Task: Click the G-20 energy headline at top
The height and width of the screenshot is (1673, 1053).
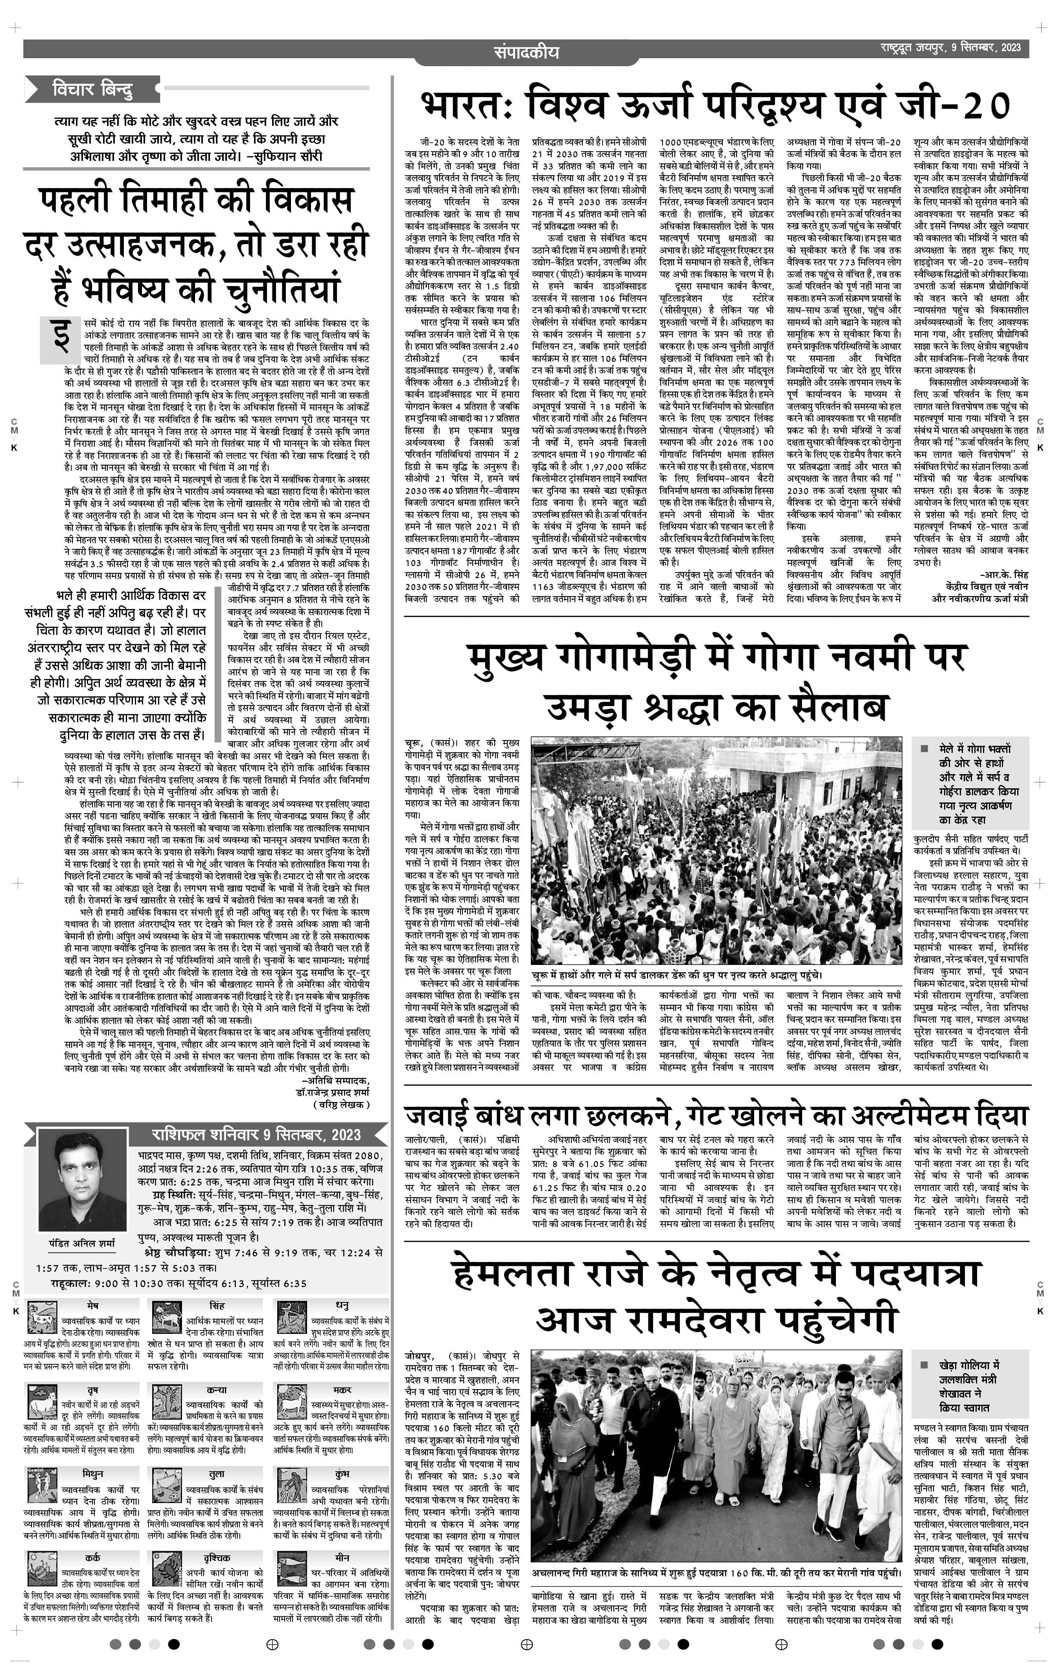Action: pos(715,106)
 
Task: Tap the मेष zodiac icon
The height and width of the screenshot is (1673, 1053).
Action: pos(42,1319)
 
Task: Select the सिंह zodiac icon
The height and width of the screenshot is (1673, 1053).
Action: pos(165,1319)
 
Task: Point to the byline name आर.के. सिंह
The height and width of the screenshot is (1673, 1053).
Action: pos(1004,575)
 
